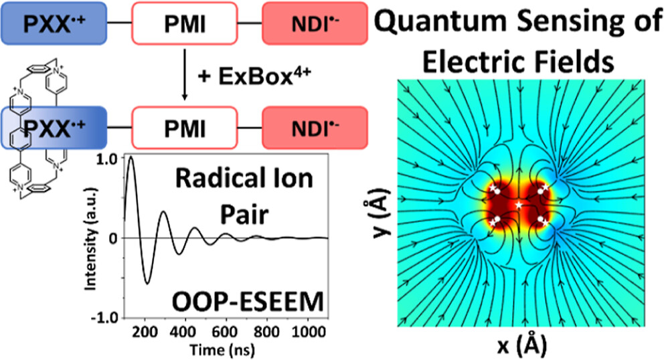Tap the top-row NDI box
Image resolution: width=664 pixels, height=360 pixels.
[315, 23]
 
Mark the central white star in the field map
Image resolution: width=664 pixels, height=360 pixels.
[519, 203]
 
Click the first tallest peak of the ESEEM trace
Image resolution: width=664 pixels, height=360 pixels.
[131, 158]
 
